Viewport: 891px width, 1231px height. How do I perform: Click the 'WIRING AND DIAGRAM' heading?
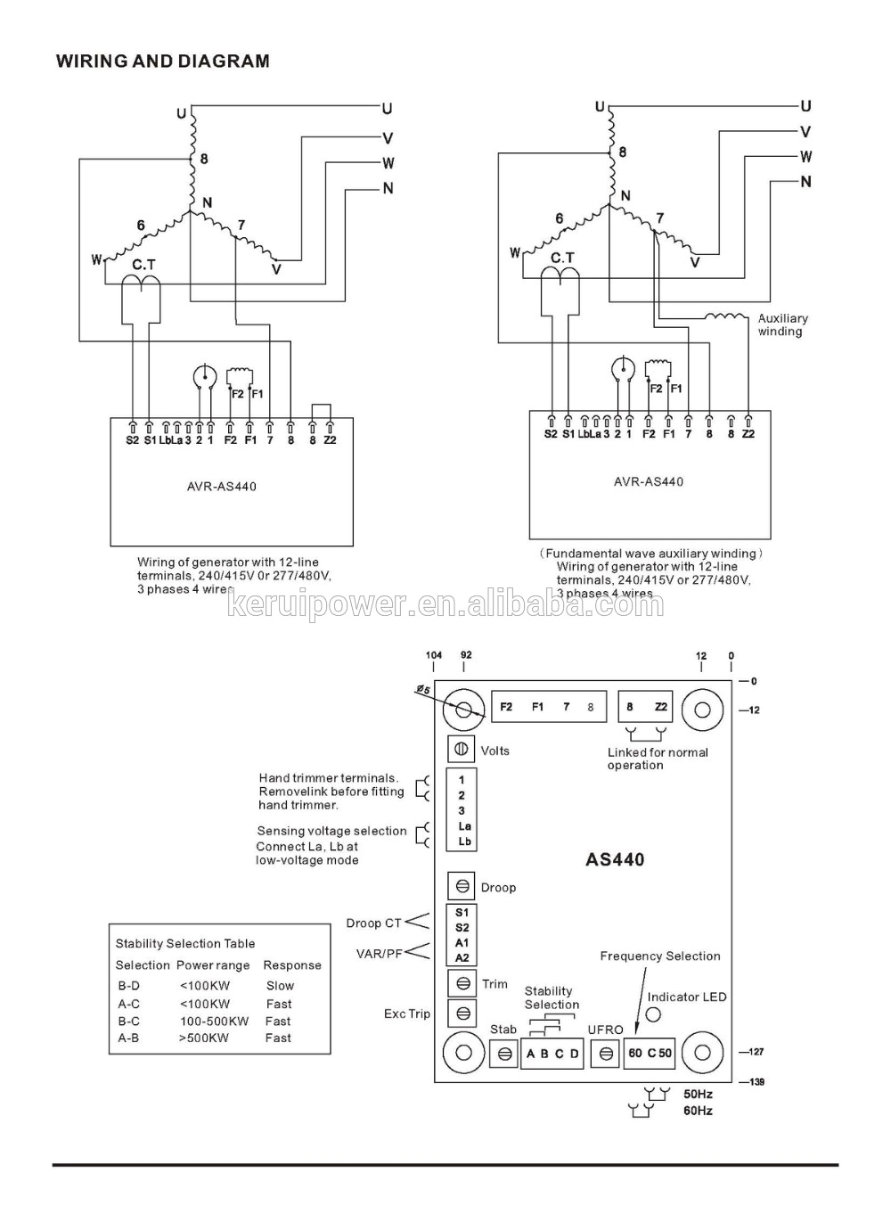pos(162,62)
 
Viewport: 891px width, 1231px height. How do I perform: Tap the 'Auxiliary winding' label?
pos(782,324)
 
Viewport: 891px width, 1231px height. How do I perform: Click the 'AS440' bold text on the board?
pos(615,860)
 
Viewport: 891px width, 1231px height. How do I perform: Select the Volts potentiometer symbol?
pos(462,750)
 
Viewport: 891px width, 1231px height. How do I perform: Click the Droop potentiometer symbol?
pos(462,887)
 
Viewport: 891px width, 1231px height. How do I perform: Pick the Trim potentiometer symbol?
pos(463,984)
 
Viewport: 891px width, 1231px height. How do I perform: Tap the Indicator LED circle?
pos(653,1014)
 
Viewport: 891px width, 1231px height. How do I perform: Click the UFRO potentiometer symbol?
pos(606,1054)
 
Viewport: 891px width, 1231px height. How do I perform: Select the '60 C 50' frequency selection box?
pos(650,1053)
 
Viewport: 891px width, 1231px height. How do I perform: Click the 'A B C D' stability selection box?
pos(552,1054)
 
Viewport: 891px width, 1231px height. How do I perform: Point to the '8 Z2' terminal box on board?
pos(645,707)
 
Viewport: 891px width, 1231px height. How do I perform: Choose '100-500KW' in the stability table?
pos(214,1022)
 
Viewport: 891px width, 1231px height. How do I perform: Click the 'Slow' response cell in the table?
pos(280,986)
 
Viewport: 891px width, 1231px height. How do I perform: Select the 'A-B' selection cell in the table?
pos(128,1038)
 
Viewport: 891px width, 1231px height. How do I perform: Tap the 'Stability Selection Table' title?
pos(185,943)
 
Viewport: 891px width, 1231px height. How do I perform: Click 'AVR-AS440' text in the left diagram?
pos(222,487)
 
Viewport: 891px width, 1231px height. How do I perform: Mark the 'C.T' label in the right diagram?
pos(562,258)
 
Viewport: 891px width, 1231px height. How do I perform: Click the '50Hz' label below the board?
pos(698,1094)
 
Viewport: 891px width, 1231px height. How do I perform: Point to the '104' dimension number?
pos(433,655)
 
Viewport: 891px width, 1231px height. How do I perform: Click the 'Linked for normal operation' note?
pos(658,759)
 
